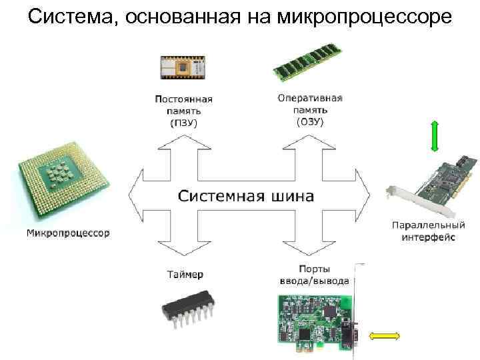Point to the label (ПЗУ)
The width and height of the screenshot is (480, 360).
(x=184, y=123)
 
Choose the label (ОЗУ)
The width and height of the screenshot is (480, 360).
(x=309, y=121)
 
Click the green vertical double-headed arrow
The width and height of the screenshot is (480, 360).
(x=434, y=137)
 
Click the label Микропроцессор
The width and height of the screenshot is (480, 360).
(x=69, y=233)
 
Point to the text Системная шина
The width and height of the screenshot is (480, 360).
(x=246, y=196)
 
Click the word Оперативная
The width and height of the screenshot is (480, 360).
(x=310, y=98)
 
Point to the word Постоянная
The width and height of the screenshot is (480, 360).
(x=184, y=99)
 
